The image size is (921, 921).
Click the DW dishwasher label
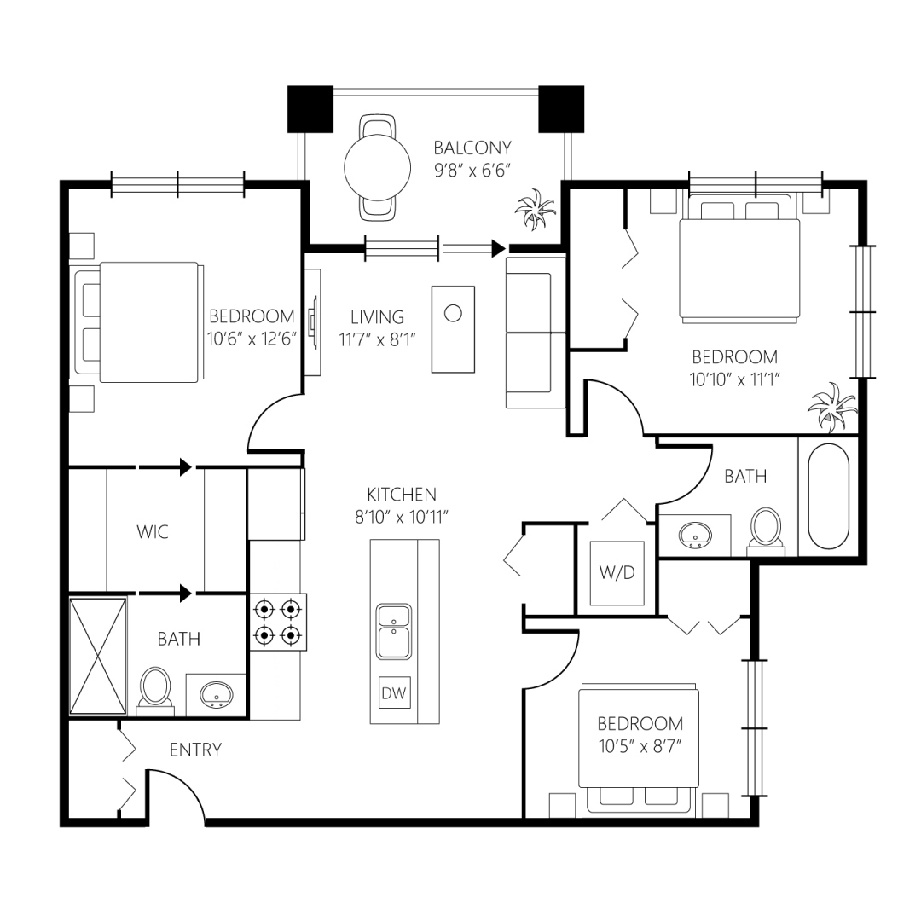coord(393,693)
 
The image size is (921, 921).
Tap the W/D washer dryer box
coord(617,573)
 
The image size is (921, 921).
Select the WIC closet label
coord(153,531)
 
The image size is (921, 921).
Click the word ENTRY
coord(195,750)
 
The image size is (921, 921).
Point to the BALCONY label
coord(472,148)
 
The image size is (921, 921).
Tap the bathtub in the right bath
coord(828,496)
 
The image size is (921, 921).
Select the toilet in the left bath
coord(156,688)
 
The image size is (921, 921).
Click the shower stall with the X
coord(98,656)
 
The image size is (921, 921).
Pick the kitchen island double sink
coord(394,631)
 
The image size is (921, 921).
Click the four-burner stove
coord(278,623)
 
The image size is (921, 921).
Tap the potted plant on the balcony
coord(535,210)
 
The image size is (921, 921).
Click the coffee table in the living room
coord(453,329)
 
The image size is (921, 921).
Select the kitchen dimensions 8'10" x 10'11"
coord(402,517)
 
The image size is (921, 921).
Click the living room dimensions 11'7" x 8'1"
coord(377,339)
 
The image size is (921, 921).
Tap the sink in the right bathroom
coord(696,535)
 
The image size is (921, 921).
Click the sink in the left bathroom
coord(216,695)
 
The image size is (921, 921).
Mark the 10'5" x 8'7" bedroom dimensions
coord(640,746)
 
